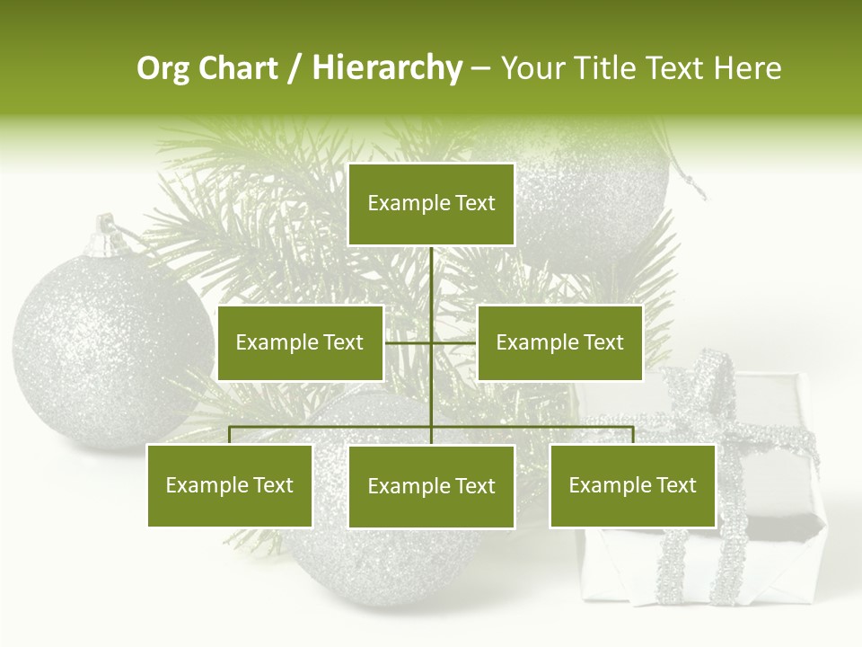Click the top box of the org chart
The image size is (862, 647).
click(x=431, y=204)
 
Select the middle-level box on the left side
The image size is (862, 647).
click(x=300, y=342)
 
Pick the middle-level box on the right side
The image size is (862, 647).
click(x=559, y=342)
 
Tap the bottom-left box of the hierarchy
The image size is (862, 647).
click(x=230, y=485)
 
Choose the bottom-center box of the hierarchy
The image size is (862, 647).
click(x=431, y=486)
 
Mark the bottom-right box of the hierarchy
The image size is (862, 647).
click(x=632, y=485)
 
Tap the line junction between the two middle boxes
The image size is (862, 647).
click(x=431, y=342)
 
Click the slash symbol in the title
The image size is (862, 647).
click(x=295, y=68)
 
